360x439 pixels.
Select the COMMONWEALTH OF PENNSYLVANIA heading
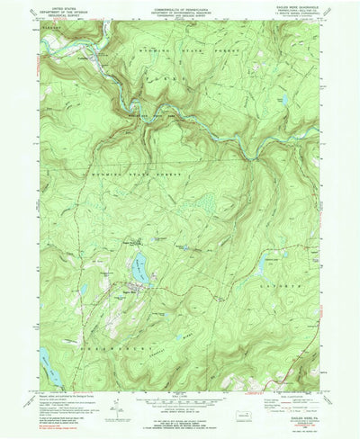[179, 6]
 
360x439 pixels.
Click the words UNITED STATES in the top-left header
[62, 6]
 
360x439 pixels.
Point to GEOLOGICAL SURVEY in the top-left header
[62, 15]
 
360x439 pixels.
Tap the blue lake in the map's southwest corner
[46, 360]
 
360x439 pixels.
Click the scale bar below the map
[179, 405]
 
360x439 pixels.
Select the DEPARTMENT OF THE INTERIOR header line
[62, 11]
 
